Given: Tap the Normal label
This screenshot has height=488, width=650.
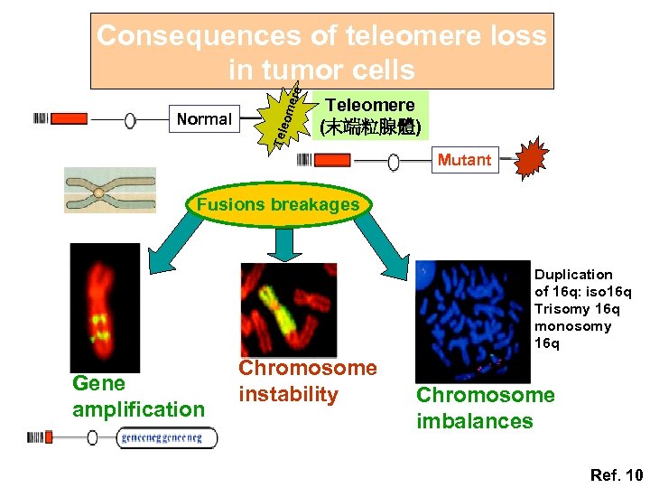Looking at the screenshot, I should point(204,118).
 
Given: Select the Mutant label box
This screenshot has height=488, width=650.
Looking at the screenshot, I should point(464,160).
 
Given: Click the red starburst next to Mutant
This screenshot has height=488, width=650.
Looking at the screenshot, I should point(531,158).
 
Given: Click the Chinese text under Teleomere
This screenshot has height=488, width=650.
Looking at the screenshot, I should point(369,127).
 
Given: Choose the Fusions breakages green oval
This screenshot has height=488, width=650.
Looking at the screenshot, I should point(277,204).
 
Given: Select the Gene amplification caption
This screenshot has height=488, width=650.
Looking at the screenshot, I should point(138,397).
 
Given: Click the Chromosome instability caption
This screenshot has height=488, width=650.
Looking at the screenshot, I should point(307,380).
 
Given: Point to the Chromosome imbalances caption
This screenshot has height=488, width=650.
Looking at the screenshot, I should point(485,408).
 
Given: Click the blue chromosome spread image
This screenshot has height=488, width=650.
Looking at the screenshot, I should point(472,320).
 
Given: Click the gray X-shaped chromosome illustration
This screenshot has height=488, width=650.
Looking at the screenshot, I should point(109,190).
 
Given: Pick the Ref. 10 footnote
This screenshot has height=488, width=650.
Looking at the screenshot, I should point(616,474).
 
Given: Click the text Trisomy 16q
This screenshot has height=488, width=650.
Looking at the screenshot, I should point(572,309).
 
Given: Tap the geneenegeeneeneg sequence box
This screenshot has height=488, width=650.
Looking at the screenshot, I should point(166,438).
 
